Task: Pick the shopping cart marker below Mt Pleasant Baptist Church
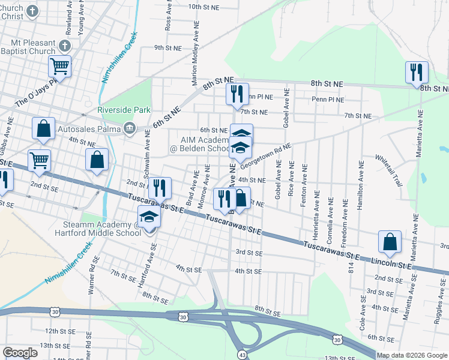(x=59, y=67)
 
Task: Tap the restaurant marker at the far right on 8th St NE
(x=416, y=73)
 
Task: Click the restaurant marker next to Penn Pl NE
(x=237, y=94)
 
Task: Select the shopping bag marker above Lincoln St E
(x=390, y=242)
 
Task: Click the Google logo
(x=20, y=353)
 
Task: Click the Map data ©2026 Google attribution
(x=412, y=355)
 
